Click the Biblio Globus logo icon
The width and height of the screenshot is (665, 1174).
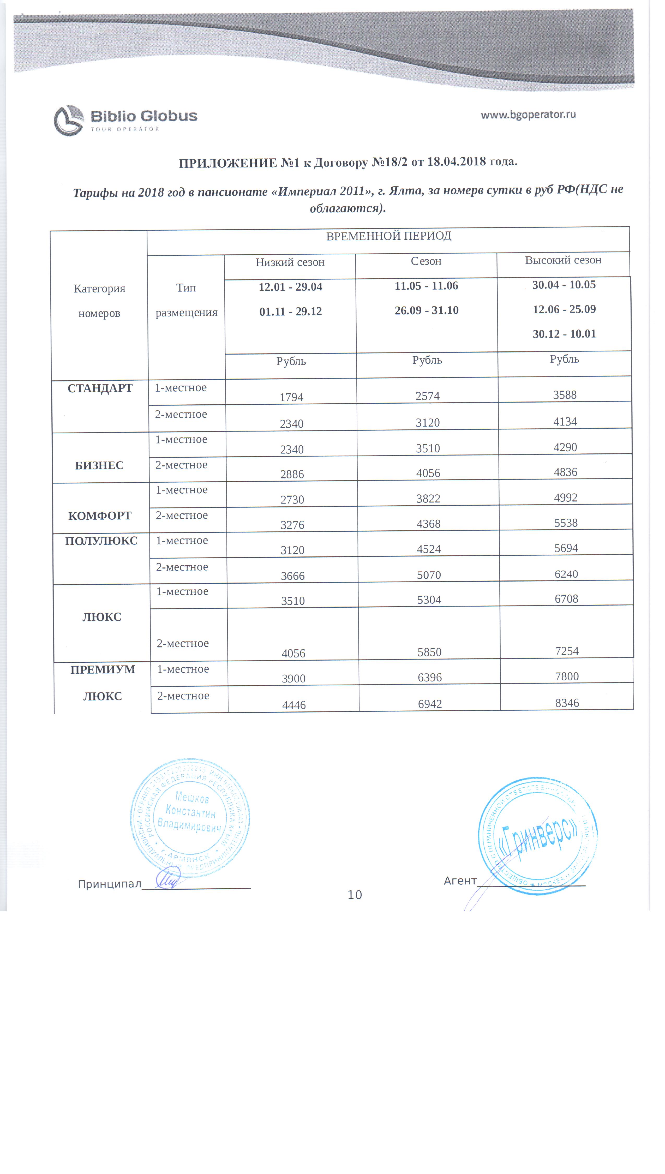point(69,121)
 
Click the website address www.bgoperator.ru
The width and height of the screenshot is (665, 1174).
point(528,115)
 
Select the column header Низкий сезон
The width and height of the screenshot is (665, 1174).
point(290,262)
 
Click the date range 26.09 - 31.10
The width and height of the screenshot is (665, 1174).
point(427,310)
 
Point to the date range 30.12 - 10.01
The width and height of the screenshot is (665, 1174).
point(565,334)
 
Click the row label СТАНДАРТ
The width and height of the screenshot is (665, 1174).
point(100,388)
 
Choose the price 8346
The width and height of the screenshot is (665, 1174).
point(567,703)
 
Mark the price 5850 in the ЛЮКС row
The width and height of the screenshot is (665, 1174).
point(429,652)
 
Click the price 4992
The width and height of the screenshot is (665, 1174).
point(566,497)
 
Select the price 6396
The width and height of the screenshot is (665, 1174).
point(430,677)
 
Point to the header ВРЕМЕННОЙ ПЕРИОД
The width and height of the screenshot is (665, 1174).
point(389,236)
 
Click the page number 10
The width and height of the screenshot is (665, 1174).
point(355,895)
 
